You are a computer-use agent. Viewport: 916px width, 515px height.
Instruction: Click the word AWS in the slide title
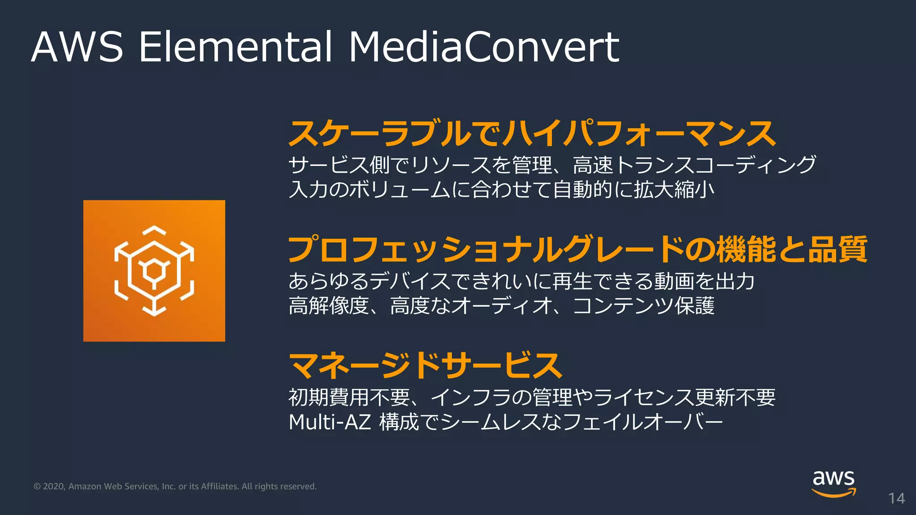pyautogui.click(x=77, y=47)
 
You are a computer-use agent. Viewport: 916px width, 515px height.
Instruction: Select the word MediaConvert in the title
pyautogui.click(x=483, y=47)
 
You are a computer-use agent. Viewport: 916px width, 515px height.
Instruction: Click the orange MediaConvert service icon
pyautogui.click(x=154, y=270)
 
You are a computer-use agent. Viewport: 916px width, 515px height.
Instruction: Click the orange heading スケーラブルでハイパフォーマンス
pyautogui.click(x=532, y=134)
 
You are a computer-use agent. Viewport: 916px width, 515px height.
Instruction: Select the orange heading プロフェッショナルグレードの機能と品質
pyautogui.click(x=577, y=249)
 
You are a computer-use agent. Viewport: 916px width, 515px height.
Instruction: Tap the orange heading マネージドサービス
pyautogui.click(x=425, y=365)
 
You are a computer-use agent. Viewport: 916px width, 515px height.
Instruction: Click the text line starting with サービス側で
pyautogui.click(x=552, y=165)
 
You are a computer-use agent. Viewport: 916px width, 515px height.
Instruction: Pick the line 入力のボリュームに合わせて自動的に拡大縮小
pyautogui.click(x=501, y=190)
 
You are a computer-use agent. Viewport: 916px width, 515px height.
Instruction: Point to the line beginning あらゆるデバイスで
pyautogui.click(x=522, y=281)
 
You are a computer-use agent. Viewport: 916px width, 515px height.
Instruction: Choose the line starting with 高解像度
pyautogui.click(x=501, y=306)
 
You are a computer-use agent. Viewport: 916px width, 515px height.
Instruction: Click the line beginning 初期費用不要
pyautogui.click(x=532, y=397)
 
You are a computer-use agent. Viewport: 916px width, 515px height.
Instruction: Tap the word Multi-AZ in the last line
pyautogui.click(x=330, y=422)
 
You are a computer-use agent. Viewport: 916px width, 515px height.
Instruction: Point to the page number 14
pyautogui.click(x=896, y=498)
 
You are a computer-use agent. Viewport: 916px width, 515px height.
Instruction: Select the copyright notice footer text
pyautogui.click(x=175, y=486)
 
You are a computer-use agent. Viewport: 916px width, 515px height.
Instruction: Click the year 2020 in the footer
pyautogui.click(x=54, y=486)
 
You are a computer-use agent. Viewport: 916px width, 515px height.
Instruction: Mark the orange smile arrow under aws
pyautogui.click(x=834, y=493)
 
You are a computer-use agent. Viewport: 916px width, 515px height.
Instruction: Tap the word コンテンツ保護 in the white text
pyautogui.click(x=644, y=306)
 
